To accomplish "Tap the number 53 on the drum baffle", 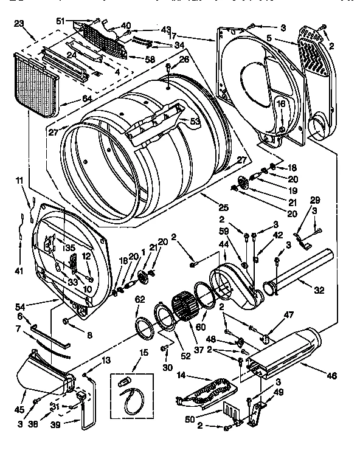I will pos(195,121).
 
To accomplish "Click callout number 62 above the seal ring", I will pos(139,299).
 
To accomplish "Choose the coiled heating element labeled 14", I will pos(207,389).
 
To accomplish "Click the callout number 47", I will pos(289,316).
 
